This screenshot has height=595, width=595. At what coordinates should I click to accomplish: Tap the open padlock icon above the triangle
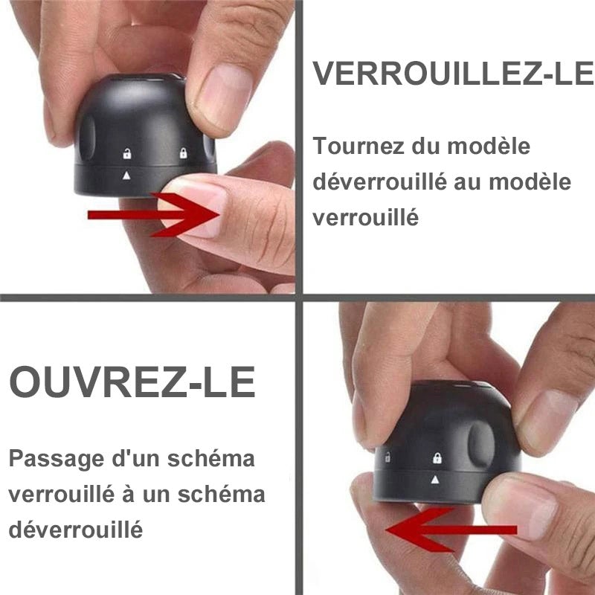tap(127, 155)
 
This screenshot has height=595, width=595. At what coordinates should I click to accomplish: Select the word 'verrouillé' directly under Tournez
tap(365, 218)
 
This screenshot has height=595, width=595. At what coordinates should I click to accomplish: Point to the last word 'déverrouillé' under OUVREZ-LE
tap(75, 530)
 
